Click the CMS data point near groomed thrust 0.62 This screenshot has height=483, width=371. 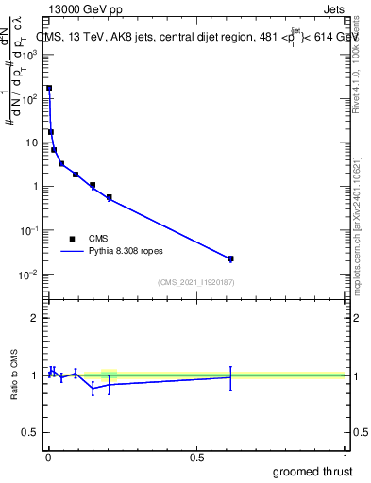(230, 258)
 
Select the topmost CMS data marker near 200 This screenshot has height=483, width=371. (49, 88)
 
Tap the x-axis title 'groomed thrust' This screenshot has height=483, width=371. (312, 471)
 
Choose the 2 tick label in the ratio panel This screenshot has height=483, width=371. (34, 318)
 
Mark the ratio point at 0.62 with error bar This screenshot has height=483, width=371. (230, 376)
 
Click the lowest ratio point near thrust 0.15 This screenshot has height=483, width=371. (93, 388)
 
